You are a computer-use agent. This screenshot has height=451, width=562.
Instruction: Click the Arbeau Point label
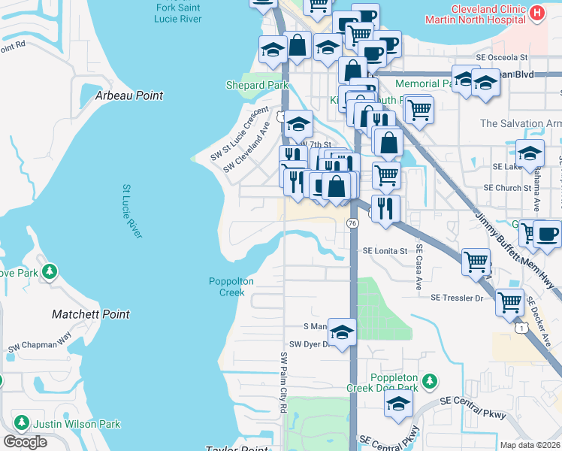(x=129, y=96)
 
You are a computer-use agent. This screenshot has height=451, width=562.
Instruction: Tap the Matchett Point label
(x=91, y=314)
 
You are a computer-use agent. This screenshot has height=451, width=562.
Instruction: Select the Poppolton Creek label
(x=231, y=287)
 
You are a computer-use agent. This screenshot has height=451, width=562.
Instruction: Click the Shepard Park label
(x=257, y=86)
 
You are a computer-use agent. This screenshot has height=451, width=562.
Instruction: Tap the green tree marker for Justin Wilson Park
(x=21, y=424)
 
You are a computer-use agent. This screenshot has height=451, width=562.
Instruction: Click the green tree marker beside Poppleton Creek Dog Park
(x=429, y=381)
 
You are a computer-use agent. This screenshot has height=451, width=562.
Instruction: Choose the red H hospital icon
(x=536, y=13)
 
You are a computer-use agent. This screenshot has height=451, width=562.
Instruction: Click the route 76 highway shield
(x=352, y=223)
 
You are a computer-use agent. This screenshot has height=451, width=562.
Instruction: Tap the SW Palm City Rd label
(x=284, y=383)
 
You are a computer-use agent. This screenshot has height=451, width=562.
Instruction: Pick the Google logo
(x=25, y=442)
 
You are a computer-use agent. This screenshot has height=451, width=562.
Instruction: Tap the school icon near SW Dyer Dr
(x=342, y=331)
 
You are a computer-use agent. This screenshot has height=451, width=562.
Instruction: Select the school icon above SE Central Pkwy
(x=398, y=404)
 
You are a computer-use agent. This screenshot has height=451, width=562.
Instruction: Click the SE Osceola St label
(x=503, y=57)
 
